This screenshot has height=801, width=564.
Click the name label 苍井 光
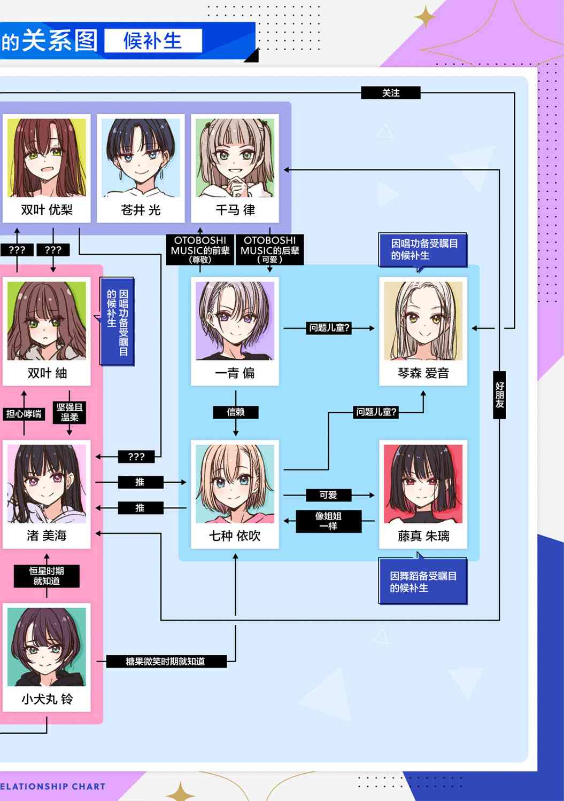click(141, 210)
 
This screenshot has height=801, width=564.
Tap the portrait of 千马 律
click(235, 158)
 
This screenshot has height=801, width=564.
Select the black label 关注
click(391, 93)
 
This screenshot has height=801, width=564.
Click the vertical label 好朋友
click(499, 395)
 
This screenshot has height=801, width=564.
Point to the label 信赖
click(236, 412)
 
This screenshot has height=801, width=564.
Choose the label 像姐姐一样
click(328, 521)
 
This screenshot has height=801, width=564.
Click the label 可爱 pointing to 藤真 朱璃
click(328, 495)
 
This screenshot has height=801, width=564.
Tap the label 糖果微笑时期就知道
click(166, 661)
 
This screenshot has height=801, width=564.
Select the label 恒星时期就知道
click(47, 576)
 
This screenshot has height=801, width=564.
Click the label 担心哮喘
click(24, 414)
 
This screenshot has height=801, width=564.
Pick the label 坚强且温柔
click(69, 412)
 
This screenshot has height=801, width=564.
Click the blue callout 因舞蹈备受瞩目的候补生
click(423, 581)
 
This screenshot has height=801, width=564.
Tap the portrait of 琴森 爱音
click(423, 321)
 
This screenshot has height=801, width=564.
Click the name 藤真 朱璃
click(423, 536)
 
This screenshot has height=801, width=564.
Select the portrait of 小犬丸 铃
click(47, 647)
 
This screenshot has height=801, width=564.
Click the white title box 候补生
click(153, 41)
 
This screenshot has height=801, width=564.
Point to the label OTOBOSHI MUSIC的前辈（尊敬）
click(200, 249)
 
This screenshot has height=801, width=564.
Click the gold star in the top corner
click(425, 17)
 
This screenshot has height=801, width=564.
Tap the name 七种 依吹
click(235, 536)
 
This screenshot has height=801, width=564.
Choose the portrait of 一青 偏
click(235, 321)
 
